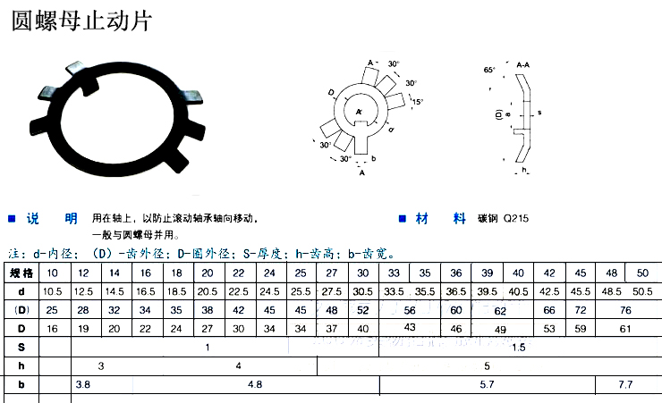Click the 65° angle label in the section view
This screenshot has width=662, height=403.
point(488,70)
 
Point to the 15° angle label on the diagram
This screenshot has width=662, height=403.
point(417,103)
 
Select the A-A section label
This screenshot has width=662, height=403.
point(525,65)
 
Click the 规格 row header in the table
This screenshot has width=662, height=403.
point(21,273)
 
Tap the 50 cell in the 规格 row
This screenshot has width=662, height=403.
point(642,273)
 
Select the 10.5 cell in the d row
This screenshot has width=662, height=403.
point(52,291)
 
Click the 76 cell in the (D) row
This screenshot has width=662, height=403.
point(625,310)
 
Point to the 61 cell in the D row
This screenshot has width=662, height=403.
point(625,329)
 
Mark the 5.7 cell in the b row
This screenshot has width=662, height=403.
point(488,386)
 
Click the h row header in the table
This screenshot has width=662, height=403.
point(21,366)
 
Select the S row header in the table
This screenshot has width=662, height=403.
point(21,347)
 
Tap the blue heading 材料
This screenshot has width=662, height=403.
point(446,218)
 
